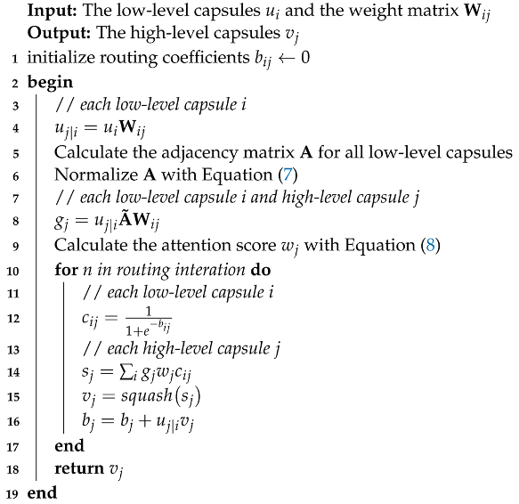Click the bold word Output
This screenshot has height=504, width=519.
click(x=56, y=37)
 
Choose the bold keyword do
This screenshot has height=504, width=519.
click(x=279, y=268)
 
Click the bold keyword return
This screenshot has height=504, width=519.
click(x=77, y=468)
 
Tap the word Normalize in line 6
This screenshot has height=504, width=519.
click(x=90, y=175)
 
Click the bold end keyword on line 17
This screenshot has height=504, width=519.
click(x=69, y=445)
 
